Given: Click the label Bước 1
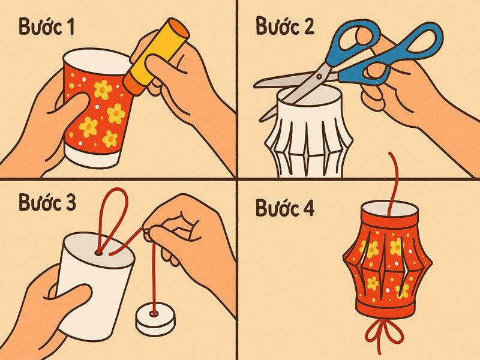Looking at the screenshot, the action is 47,26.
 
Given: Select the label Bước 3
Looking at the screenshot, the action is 47,202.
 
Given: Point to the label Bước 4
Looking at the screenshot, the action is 285,208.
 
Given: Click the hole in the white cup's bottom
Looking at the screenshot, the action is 99,253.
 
